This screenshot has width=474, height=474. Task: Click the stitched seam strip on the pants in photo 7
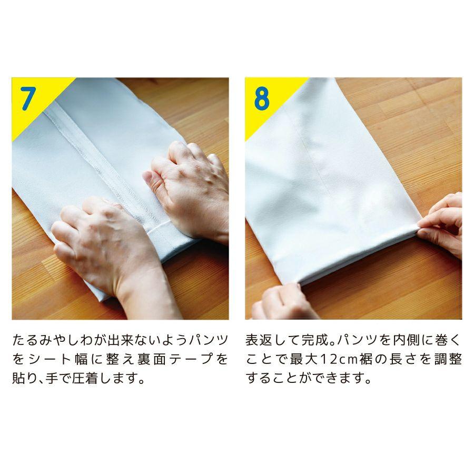coord(105,163)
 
